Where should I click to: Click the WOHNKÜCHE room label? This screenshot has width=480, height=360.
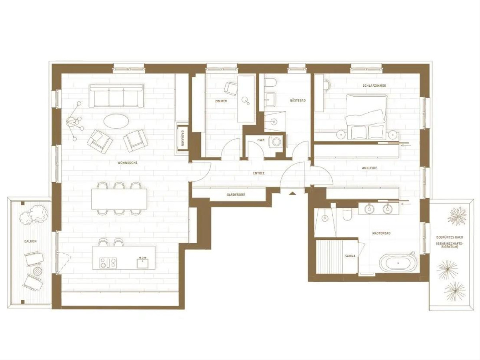[127, 163]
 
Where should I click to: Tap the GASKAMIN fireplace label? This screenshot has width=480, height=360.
[182, 138]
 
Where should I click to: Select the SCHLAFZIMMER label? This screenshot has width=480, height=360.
[374, 86]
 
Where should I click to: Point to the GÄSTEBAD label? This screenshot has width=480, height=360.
[298, 100]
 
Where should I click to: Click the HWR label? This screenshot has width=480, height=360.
[261, 140]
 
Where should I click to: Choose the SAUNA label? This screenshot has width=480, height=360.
[350, 256]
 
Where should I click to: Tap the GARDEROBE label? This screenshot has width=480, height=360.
[236, 195]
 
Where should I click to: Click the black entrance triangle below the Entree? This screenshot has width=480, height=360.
[292, 193]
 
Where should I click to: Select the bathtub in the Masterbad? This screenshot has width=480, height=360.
[398, 263]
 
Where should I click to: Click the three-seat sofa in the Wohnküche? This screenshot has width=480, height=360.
[116, 96]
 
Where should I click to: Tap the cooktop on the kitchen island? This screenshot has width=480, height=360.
[108, 263]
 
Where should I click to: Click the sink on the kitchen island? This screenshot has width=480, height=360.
[142, 263]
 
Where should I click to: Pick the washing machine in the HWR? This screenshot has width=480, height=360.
[276, 141]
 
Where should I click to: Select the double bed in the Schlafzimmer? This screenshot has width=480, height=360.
[364, 117]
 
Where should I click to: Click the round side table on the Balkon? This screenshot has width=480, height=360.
[37, 271]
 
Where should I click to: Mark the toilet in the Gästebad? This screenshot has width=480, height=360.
[270, 83]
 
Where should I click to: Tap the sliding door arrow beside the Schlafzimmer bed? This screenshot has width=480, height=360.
[406, 144]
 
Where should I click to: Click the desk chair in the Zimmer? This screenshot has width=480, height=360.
[231, 88]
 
